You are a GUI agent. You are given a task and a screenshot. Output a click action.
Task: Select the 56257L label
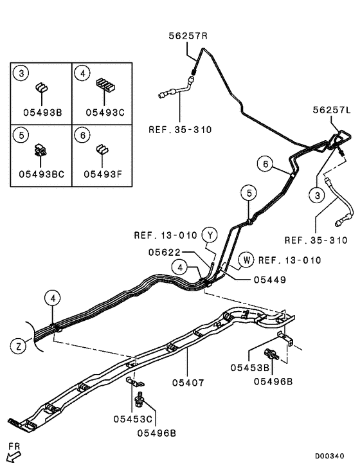pos(333,111)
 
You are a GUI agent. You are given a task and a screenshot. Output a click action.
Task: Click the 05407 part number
pos(188,383)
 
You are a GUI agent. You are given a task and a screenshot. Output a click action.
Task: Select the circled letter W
pos(246,260)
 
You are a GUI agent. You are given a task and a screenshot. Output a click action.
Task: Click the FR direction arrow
pos(13,455)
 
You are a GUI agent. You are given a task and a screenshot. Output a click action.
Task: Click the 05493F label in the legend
pos(100,173)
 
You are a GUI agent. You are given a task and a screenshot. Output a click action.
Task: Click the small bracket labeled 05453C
pos(132,384)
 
